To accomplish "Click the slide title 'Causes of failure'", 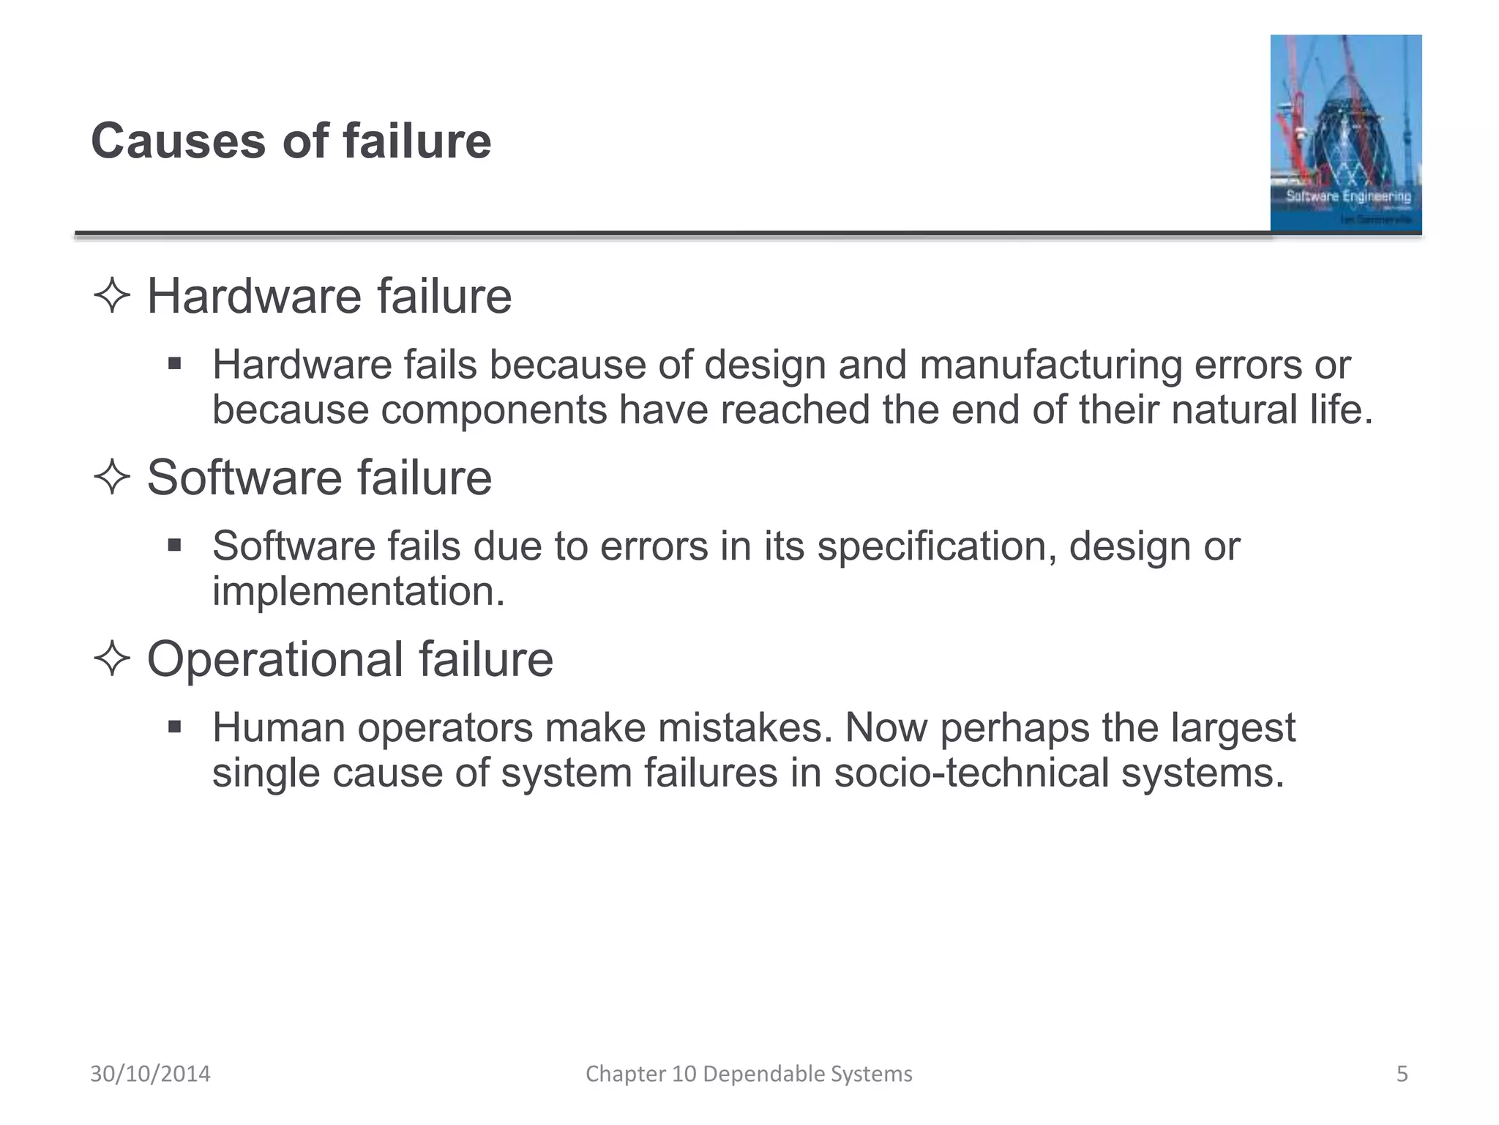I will pyautogui.click(x=291, y=141).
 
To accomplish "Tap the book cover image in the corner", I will pyautogui.click(x=1345, y=133).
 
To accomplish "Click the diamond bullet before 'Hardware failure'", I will pyautogui.click(x=112, y=296).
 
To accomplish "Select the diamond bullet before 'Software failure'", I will pyautogui.click(x=112, y=478).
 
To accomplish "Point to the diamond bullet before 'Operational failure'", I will pyautogui.click(x=112, y=658).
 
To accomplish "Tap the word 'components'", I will pyautogui.click(x=493, y=409).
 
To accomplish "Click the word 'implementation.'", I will pyautogui.click(x=359, y=591).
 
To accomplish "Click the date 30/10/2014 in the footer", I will pyautogui.click(x=150, y=1074).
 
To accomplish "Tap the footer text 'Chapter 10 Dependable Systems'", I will pyautogui.click(x=749, y=1074).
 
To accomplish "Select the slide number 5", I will pyautogui.click(x=1402, y=1074).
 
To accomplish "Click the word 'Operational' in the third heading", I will pyautogui.click(x=275, y=658).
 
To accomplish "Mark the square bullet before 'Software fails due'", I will pyautogui.click(x=174, y=546).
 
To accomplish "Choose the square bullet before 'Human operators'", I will pyautogui.click(x=174, y=727).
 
